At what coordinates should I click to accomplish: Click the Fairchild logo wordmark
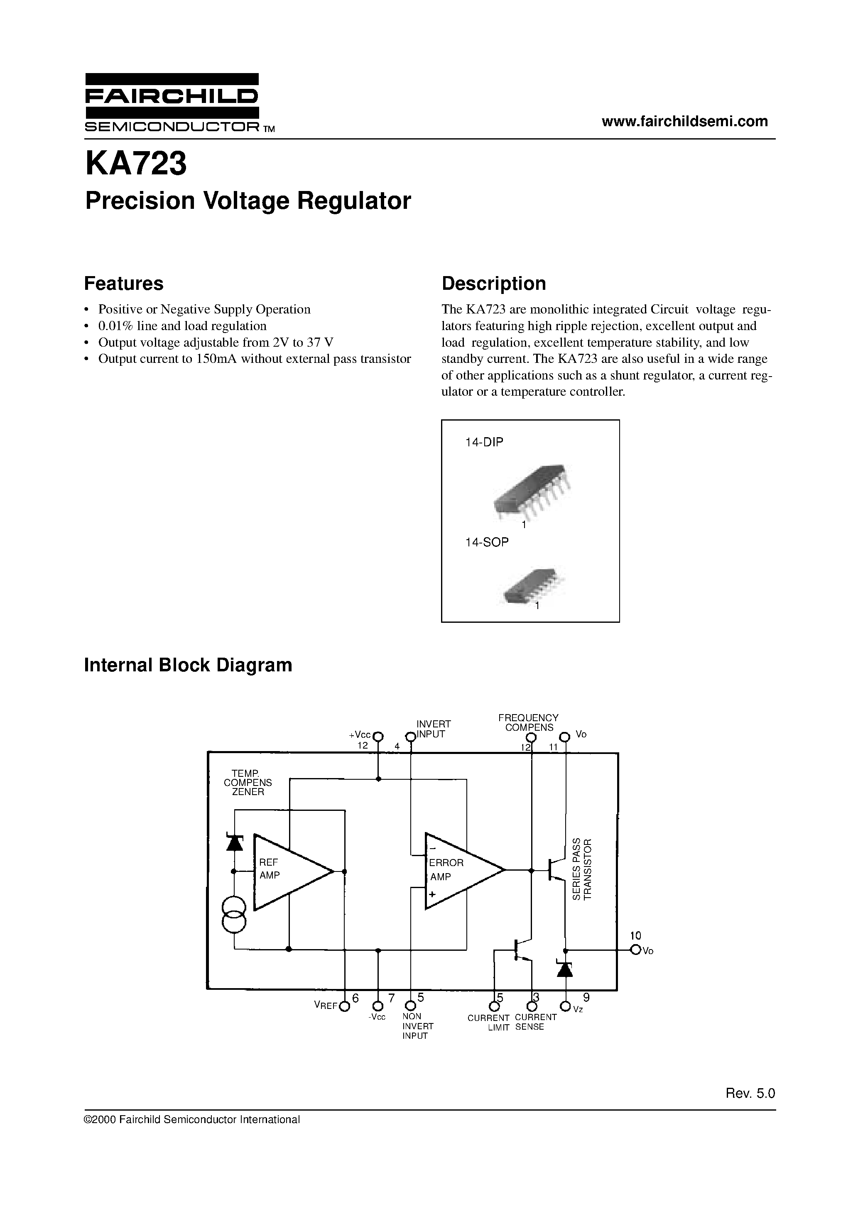172,96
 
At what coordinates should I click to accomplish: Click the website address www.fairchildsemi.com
684,121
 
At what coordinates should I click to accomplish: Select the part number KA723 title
136,164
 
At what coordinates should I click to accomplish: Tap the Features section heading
124,284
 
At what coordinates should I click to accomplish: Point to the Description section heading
493,284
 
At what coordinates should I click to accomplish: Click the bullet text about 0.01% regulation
182,326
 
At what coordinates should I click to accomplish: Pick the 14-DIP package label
484,442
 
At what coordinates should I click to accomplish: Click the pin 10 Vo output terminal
635,950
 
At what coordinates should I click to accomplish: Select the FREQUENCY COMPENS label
528,722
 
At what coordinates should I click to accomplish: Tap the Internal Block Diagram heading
188,665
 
